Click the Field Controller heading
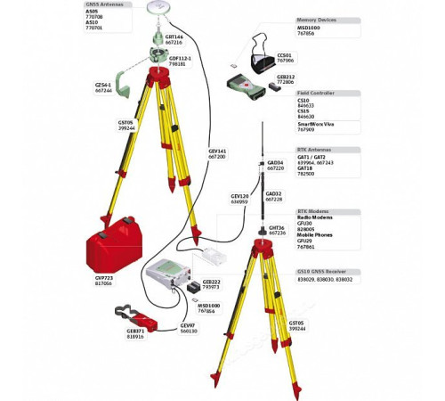(316, 92)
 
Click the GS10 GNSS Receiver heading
(323, 271)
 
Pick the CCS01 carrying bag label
(285, 57)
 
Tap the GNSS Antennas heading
(105, 4)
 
